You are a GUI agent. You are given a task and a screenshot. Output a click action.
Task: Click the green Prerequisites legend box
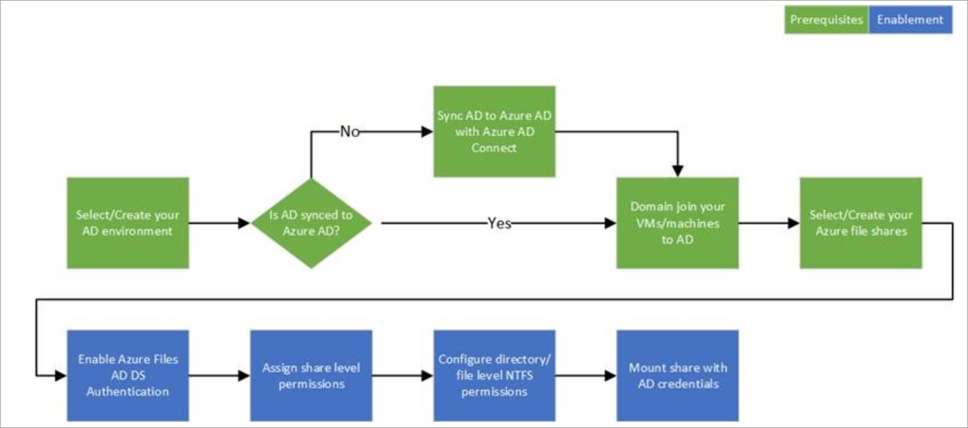(x=826, y=19)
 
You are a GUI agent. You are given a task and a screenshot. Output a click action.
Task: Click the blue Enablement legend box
(x=910, y=19)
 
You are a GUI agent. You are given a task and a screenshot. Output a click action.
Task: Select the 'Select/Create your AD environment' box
(x=128, y=223)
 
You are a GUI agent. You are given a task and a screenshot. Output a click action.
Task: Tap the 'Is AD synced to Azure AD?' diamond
(x=311, y=223)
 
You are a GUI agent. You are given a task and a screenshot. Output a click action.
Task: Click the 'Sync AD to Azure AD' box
(x=494, y=131)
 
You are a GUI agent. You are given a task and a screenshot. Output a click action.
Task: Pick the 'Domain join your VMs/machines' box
(x=677, y=223)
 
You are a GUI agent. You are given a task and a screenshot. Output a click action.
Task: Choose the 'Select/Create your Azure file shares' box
(x=860, y=223)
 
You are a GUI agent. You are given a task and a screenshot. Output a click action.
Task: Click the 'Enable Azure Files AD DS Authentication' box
(x=128, y=376)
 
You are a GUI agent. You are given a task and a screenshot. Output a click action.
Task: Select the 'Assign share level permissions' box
(x=311, y=376)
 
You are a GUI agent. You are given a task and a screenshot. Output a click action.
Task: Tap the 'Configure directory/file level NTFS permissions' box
(x=494, y=376)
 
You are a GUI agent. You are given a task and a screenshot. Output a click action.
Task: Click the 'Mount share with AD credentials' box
(x=677, y=376)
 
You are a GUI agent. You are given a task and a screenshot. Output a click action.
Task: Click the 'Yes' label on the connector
(x=498, y=223)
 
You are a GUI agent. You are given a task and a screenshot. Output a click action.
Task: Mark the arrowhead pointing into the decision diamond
(x=244, y=223)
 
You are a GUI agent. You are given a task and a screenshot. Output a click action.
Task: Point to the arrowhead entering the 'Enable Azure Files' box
(x=61, y=376)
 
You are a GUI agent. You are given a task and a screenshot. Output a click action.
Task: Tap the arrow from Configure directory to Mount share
(x=585, y=376)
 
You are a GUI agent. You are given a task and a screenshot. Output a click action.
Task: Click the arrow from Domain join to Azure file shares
(x=768, y=223)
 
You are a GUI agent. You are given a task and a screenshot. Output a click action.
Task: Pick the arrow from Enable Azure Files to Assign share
(x=219, y=376)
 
